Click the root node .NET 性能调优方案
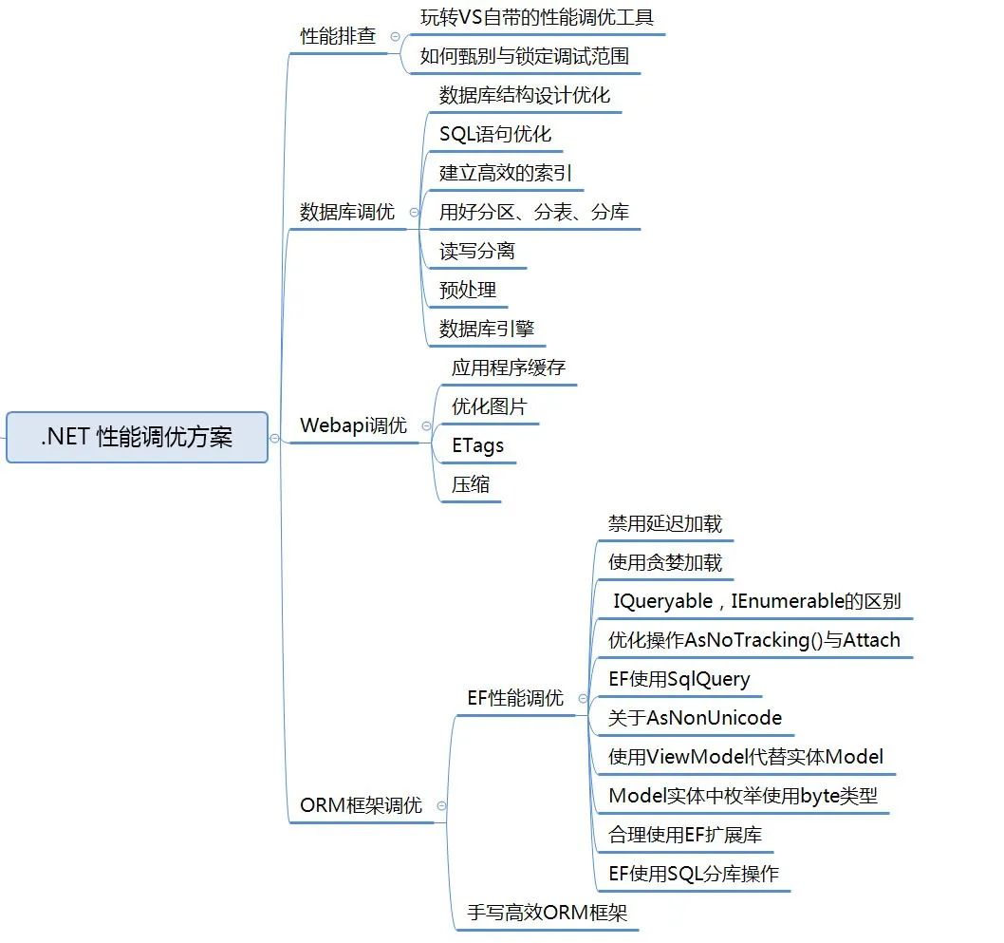[x=137, y=437]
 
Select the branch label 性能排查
[x=338, y=36]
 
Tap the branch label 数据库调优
[x=347, y=212]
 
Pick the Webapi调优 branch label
[x=353, y=425]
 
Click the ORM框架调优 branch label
[x=362, y=805]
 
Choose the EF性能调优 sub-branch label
[x=515, y=698]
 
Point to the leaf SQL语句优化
[x=495, y=135]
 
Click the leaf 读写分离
[x=477, y=251]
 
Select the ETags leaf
[x=477, y=446]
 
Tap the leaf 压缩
[x=471, y=484]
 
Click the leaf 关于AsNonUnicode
[x=695, y=718]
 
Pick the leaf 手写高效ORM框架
[x=548, y=913]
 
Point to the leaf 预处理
[x=468, y=291]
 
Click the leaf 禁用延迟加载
[x=665, y=523]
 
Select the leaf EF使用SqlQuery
[x=679, y=679]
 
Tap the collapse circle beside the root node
[x=274, y=438]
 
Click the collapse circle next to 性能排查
[x=395, y=36]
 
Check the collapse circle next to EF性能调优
[x=583, y=698]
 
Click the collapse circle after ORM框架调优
[x=441, y=805]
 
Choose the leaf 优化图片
[x=490, y=406]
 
